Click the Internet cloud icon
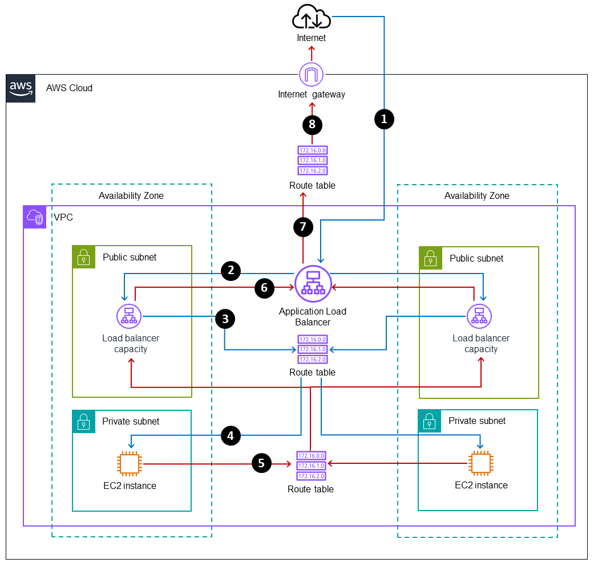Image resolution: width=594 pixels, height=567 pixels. [312, 18]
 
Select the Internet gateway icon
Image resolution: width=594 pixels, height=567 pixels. [312, 74]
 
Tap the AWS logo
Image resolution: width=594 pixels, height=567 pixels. [21, 88]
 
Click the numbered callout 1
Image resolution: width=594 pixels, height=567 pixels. [384, 119]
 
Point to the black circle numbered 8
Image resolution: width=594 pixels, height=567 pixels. [312, 124]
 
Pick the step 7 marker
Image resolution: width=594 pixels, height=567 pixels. [303, 226]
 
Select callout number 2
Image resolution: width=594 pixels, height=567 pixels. [231, 270]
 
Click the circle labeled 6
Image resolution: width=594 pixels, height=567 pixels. [264, 288]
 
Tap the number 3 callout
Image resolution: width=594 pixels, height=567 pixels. [225, 319]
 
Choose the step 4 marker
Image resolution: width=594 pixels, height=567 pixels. [231, 436]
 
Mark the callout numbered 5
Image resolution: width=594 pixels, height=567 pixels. [261, 463]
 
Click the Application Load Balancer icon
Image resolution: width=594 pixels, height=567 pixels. [313, 284]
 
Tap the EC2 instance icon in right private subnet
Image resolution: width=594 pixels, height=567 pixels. [479, 464]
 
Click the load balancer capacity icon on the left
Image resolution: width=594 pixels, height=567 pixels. [129, 316]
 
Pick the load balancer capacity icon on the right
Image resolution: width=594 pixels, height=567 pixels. [479, 316]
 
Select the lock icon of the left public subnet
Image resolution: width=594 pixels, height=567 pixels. [84, 257]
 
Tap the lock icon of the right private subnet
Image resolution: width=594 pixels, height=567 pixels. [430, 421]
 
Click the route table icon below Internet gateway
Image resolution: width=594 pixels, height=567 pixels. [312, 161]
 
